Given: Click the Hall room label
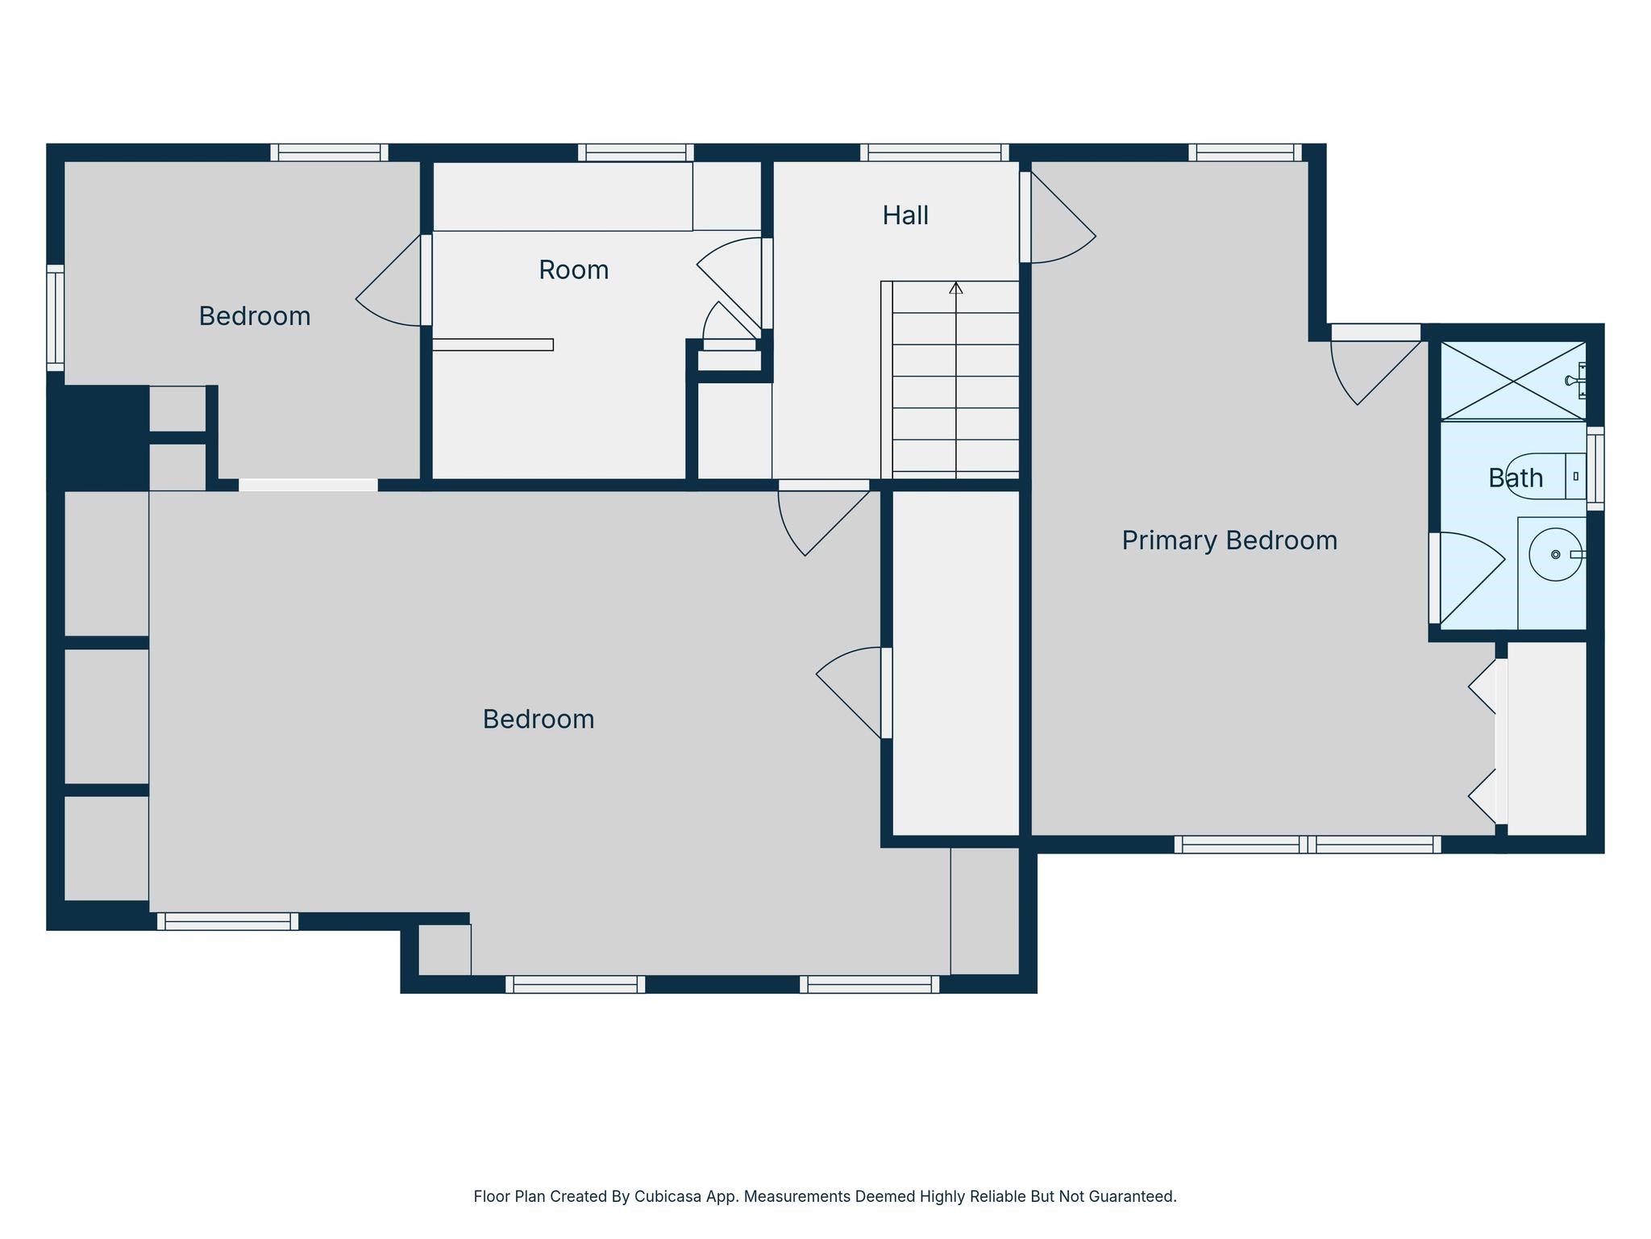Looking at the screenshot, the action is click(x=905, y=215).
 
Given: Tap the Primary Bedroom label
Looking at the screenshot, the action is click(x=1229, y=540).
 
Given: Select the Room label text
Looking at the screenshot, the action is click(x=573, y=269).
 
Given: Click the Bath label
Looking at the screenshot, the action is click(x=1516, y=478).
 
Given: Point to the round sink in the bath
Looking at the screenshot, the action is click(x=1555, y=554).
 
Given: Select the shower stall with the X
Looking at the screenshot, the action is click(x=1513, y=380).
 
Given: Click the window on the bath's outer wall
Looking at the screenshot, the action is click(x=1595, y=469).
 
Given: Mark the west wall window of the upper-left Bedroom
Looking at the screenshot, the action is click(x=55, y=318).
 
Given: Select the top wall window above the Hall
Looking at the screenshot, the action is click(x=934, y=152).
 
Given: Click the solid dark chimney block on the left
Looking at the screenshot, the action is click(x=98, y=436).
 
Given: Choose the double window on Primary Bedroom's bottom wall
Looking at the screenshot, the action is click(x=1307, y=845).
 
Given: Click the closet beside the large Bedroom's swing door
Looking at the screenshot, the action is click(x=956, y=663).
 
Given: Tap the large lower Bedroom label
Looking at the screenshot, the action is click(x=539, y=720).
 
